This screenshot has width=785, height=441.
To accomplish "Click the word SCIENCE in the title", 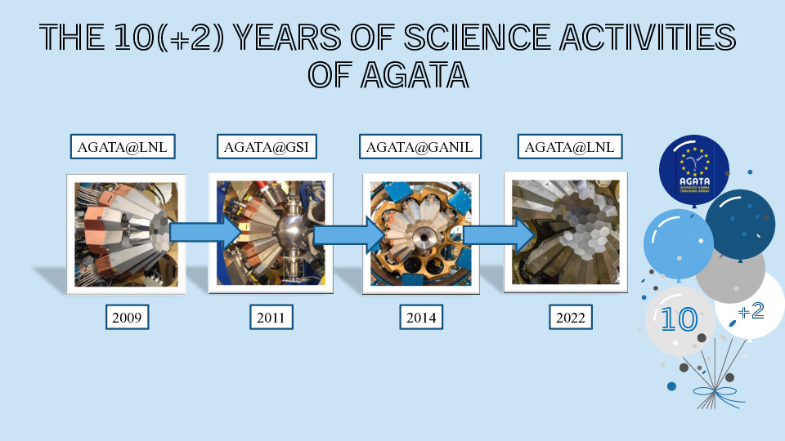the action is point(477,37).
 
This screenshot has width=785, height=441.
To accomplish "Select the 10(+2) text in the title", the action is point(168,37).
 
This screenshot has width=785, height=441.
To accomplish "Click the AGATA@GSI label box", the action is point(267,146).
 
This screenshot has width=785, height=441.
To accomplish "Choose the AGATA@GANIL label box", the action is point(419,146).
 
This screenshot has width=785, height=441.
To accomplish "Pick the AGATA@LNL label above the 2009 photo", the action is point(123,146).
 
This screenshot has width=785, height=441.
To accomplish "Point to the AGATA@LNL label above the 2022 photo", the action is point(570,146).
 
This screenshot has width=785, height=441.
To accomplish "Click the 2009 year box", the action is point(128,317).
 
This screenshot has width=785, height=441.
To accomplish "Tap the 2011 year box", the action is point(271,317).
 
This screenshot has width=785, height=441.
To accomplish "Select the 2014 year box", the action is point(421,317).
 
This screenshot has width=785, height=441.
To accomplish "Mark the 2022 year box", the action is point(571,317).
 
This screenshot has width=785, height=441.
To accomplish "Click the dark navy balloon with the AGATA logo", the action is point(694,171).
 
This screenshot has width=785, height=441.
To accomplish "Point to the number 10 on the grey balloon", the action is point(680,319).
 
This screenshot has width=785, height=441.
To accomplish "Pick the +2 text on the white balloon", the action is point(751,311).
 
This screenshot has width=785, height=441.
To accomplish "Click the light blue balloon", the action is point(677,244).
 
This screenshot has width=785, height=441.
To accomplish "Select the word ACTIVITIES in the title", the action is point(648,37).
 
